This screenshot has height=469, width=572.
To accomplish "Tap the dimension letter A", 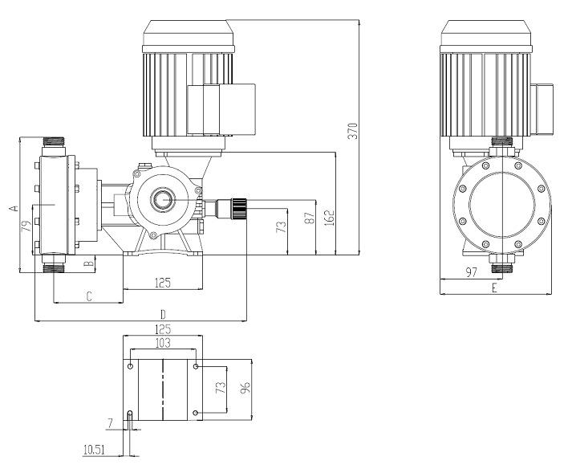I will click(x=13, y=207).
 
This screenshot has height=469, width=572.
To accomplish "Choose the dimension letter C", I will click(x=88, y=296).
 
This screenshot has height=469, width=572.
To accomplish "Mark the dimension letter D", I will click(x=163, y=313).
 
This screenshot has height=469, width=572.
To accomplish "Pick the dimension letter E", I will click(x=494, y=288).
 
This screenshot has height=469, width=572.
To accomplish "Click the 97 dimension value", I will click(x=472, y=273).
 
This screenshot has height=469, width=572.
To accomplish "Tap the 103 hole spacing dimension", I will click(x=163, y=343).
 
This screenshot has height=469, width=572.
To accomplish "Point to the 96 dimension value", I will click(x=247, y=389).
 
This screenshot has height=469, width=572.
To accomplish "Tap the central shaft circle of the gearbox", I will click(x=164, y=199).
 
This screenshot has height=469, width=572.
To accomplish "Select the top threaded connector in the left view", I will click(x=55, y=145).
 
